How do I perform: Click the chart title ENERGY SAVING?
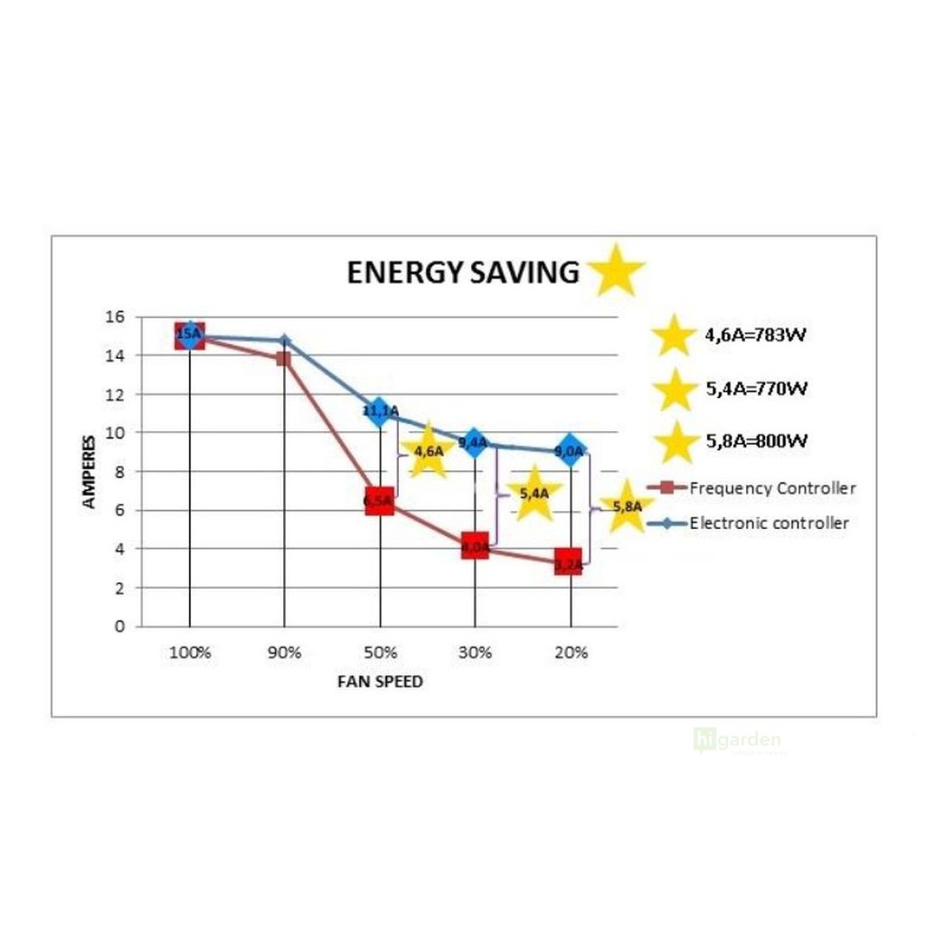click(463, 272)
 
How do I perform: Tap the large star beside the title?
click(615, 269)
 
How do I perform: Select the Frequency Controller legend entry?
click(771, 488)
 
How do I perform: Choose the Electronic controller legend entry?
click(769, 523)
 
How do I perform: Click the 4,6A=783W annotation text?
click(755, 335)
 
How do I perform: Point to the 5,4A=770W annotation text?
click(756, 390)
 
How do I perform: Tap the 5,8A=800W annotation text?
click(756, 441)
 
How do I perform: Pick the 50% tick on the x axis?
click(379, 652)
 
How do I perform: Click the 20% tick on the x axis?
click(570, 652)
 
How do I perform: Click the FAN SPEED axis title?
click(380, 682)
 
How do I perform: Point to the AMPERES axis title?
click(90, 471)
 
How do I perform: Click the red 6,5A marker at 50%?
click(379, 501)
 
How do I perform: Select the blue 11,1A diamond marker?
click(379, 412)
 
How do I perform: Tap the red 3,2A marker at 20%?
click(569, 563)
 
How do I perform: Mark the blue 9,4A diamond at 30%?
click(473, 443)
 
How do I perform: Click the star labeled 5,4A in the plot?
click(534, 494)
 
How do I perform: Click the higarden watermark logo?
click(737, 740)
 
